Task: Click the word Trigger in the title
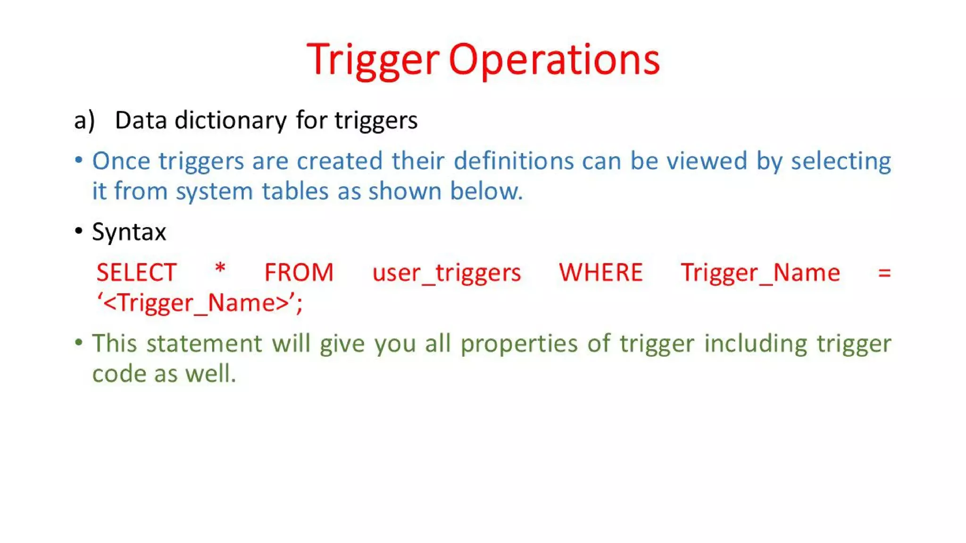coord(373,60)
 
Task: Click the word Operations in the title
coord(554,60)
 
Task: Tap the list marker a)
coord(84,121)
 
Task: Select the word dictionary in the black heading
coord(230,121)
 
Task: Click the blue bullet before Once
coord(79,160)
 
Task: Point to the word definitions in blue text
coord(513,161)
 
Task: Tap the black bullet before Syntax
coord(79,231)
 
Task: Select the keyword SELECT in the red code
coord(136,273)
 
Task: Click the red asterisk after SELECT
coord(220,270)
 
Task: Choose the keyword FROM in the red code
coord(299,273)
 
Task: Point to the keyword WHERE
coord(600,273)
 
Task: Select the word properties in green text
coord(519,344)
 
